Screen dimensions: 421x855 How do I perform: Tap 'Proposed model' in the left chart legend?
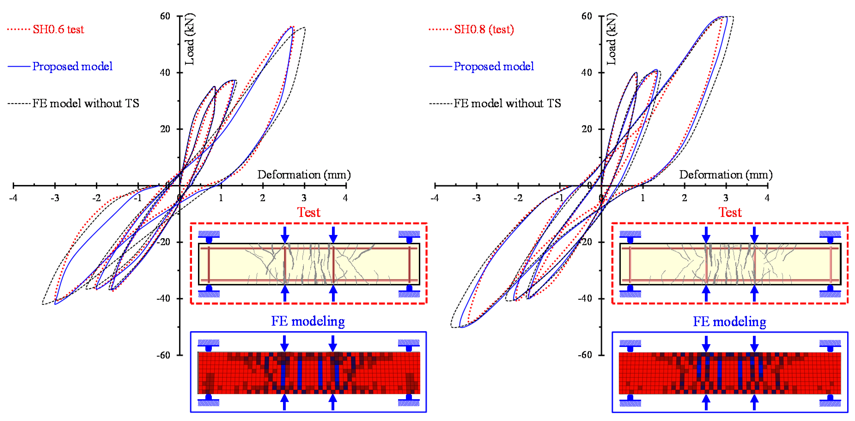72,66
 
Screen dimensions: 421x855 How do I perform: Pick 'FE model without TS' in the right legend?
507,103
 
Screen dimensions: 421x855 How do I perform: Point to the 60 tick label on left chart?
165,16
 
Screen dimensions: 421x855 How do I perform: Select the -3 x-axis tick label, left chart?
55,198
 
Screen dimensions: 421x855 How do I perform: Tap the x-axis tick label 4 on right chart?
767,198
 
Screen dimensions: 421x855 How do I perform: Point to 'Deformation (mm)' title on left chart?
304,175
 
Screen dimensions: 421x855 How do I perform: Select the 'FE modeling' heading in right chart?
730,321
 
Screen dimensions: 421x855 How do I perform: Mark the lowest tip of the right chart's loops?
460,327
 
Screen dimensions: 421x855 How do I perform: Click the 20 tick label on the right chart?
587,129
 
